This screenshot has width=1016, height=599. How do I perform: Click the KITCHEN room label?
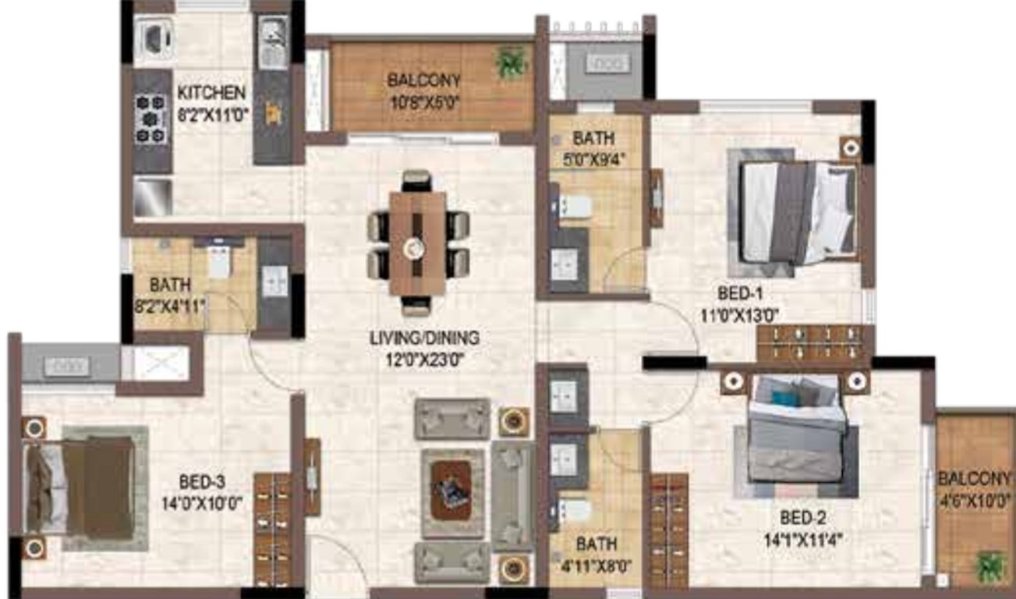[x=211, y=93]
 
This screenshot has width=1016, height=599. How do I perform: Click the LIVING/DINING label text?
[x=424, y=338]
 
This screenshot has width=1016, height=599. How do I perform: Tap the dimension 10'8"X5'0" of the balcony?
[x=424, y=101]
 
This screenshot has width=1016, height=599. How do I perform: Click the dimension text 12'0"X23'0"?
[x=424, y=360]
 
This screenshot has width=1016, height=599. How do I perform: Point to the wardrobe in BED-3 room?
[x=272, y=528]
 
